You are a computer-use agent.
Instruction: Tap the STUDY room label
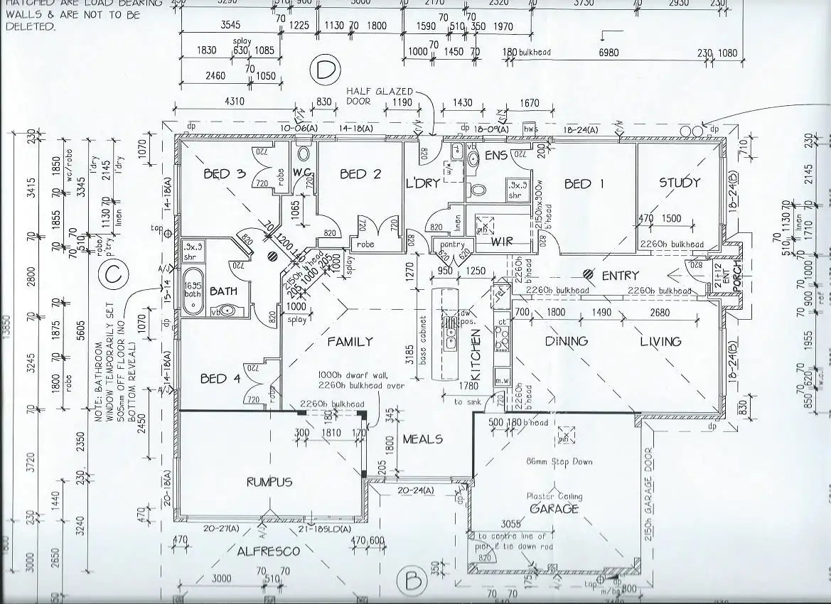click(680, 183)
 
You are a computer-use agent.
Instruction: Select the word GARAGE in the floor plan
click(554, 509)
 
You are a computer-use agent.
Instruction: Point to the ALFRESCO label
click(268, 551)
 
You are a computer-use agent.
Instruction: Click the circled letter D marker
click(325, 71)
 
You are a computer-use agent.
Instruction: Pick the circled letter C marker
click(111, 273)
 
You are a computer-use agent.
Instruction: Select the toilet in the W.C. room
click(304, 153)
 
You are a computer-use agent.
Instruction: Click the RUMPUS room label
click(269, 482)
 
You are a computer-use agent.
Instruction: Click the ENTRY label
click(620, 275)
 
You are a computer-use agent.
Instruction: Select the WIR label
click(502, 242)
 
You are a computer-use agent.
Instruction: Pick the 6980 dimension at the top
click(608, 53)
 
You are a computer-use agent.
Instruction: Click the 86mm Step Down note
click(559, 462)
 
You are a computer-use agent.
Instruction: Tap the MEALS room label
click(422, 439)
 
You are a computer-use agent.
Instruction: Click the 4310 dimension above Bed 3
click(234, 102)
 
